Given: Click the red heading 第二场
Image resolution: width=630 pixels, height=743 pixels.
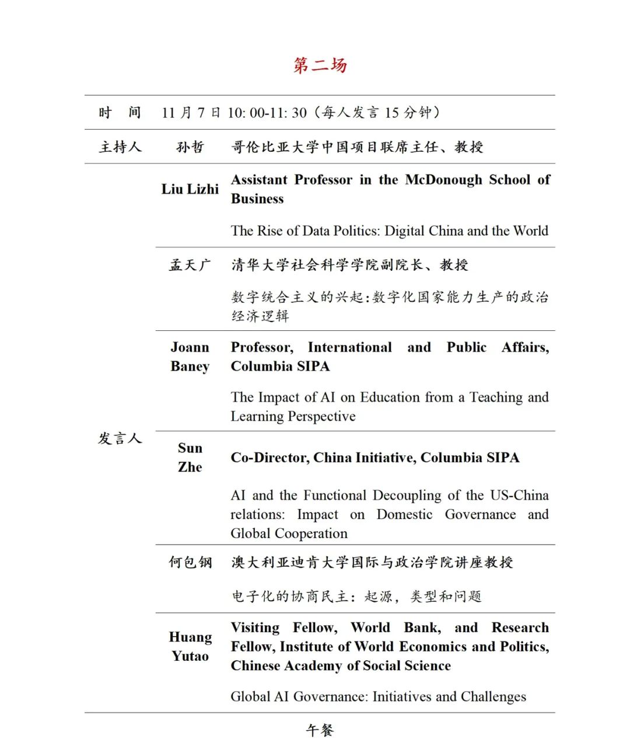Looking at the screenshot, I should point(320,65).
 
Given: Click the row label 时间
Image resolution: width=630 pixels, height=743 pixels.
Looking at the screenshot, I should point(120,112).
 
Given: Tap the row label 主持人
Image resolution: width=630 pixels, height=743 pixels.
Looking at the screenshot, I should point(120,146).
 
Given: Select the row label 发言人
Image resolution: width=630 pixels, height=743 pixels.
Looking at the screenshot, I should point(120,438).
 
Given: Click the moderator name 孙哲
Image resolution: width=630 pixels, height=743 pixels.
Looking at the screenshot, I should point(190,146).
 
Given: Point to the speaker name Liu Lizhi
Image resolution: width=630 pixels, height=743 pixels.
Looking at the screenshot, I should point(190,189).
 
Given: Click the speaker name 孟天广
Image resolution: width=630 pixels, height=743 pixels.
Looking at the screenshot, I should point(190,265).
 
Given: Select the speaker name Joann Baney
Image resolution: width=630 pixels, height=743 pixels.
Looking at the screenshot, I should point(190,357).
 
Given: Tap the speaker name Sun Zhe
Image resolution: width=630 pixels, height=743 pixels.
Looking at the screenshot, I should point(190,458).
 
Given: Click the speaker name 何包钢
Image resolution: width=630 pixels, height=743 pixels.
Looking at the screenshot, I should point(190,562).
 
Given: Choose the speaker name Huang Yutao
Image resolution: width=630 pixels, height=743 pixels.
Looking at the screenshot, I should point(190,646).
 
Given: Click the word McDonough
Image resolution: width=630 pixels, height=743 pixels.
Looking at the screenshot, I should point(443,180).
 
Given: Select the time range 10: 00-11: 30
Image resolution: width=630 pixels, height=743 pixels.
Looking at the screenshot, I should point(267,113).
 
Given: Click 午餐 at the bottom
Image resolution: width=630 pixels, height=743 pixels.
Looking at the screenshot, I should point(320,730).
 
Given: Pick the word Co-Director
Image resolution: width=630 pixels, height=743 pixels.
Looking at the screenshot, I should point(268,458).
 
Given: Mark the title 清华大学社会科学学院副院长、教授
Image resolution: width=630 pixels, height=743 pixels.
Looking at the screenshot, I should point(349,265).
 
